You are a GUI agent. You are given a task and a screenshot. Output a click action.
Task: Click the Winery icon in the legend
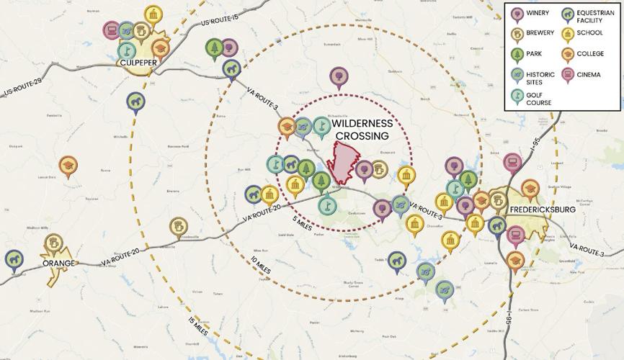pyautogui.click(x=517, y=12)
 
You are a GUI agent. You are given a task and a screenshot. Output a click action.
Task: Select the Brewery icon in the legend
pyautogui.click(x=517, y=33)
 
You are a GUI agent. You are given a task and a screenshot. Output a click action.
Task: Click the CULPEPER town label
pyautogui.click(x=138, y=63)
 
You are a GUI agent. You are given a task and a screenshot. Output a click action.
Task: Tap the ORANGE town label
pyautogui.click(x=58, y=264)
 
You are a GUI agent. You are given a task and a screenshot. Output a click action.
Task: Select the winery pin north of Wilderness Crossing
pyautogui.click(x=338, y=76)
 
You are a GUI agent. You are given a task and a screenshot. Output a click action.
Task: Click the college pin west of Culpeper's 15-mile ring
pyautogui.click(x=68, y=166)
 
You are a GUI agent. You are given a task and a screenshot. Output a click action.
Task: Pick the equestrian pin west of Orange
pyautogui.click(x=13, y=258)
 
